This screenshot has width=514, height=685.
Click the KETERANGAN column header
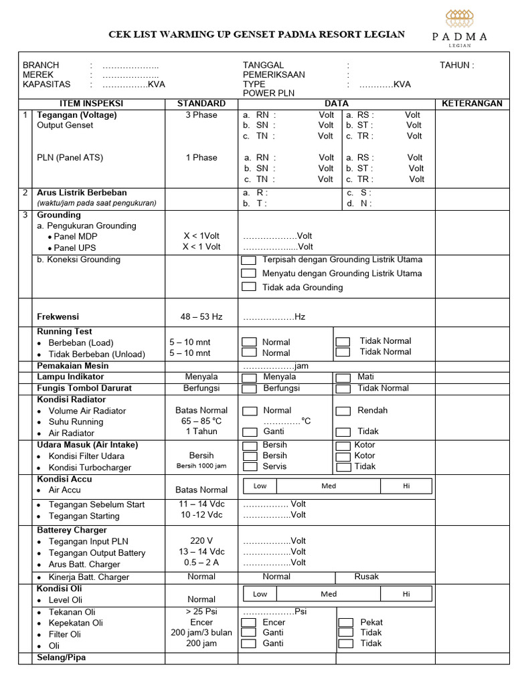tap(472, 104)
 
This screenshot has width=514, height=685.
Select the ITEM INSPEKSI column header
tap(92, 104)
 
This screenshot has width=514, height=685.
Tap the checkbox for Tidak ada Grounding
tap(249, 287)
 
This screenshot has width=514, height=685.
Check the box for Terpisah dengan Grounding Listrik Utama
tap(249, 260)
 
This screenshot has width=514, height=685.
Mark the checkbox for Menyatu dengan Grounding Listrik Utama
tap(249, 273)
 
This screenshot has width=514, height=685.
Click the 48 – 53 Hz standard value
tap(201, 316)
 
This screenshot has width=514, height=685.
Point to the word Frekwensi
tap(58, 316)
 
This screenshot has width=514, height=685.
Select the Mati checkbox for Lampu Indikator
tap(343, 377)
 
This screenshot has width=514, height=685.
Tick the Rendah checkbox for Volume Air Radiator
tap(343, 411)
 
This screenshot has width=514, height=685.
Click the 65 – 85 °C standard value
tap(201, 421)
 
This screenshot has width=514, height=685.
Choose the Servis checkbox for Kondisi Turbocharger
tap(249, 466)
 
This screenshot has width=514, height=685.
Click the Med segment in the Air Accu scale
tap(329, 486)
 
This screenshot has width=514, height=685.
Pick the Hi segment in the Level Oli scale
tap(406, 594)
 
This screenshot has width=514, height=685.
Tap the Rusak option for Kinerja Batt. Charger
tap(366, 577)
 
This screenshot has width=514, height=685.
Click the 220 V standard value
tap(201, 541)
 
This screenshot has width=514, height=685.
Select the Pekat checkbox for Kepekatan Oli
tap(345, 622)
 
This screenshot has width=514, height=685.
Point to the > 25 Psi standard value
tap(201, 611)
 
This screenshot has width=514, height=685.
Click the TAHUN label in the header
tap(456, 66)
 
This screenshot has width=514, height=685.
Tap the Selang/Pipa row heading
tap(61, 658)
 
